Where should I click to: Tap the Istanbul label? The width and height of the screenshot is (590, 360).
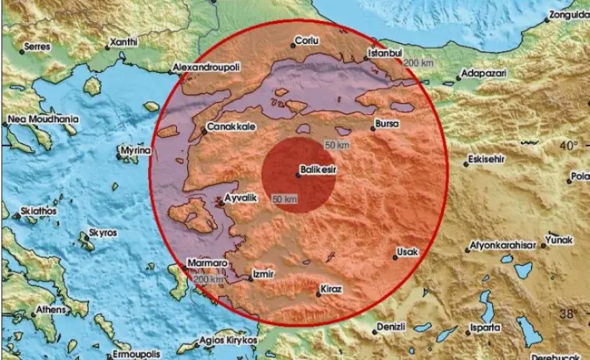(384, 53)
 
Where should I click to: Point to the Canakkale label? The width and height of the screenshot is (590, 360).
(228, 127)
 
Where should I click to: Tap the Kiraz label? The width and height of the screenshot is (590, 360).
(332, 289)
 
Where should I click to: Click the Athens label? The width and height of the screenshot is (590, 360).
(50, 311)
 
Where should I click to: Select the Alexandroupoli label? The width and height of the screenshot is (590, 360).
(208, 67)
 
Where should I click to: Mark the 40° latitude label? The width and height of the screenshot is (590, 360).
(568, 145)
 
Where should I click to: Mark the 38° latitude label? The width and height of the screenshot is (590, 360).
(568, 313)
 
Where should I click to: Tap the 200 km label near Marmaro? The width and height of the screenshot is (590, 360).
(209, 279)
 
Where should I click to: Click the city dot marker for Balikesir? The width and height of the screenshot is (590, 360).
(298, 174)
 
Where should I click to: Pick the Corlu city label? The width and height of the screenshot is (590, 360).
(311, 42)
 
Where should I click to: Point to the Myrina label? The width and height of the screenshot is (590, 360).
(138, 150)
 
